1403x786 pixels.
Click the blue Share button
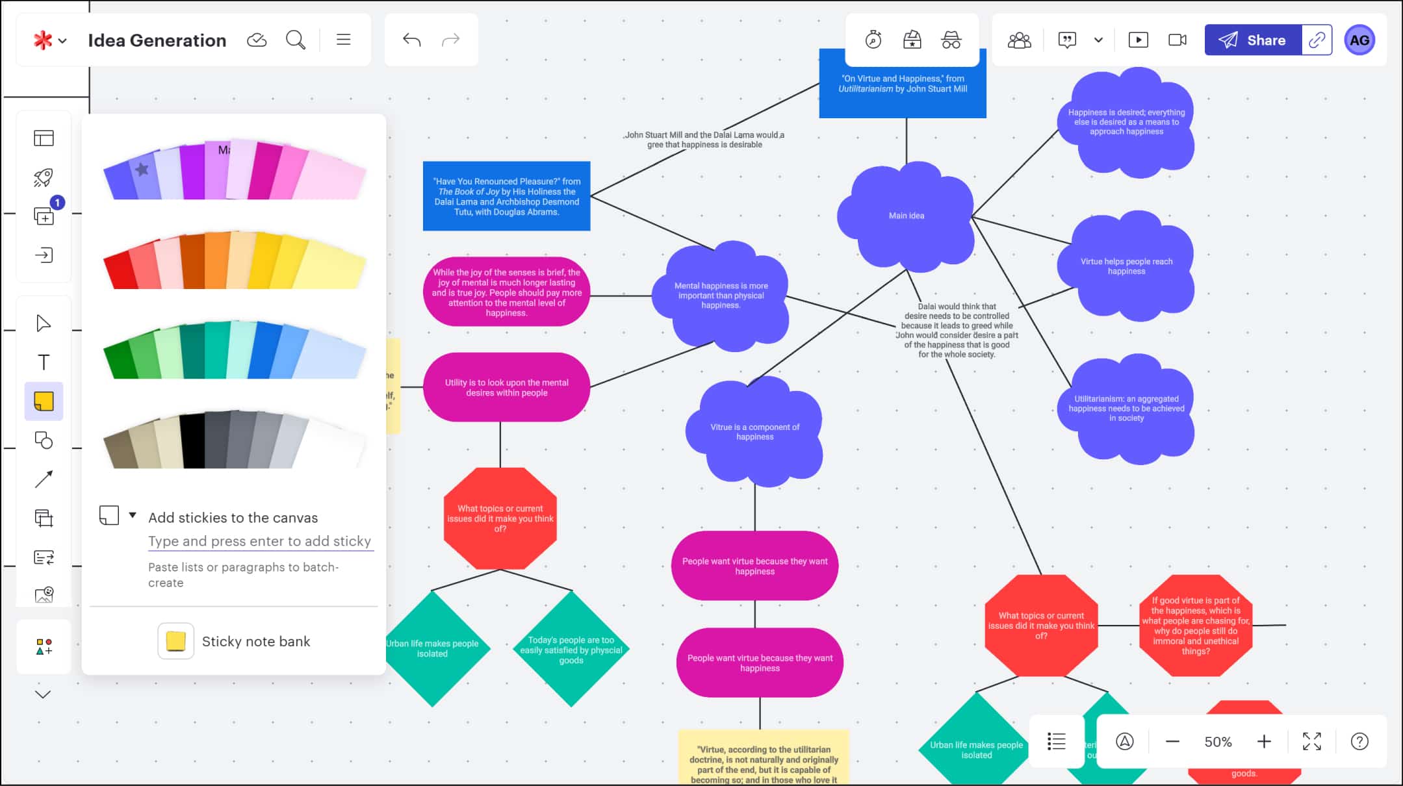(x=1252, y=40)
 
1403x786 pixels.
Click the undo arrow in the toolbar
(x=411, y=40)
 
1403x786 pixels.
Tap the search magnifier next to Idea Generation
(x=296, y=40)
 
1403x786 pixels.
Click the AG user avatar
(x=1359, y=40)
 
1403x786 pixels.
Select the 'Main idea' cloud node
(x=906, y=216)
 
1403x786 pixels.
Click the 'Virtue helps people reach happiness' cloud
(x=1126, y=266)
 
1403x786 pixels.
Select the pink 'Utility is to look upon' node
(x=506, y=387)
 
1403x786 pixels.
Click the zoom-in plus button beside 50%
(x=1264, y=742)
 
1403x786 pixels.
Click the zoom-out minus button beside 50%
(x=1172, y=742)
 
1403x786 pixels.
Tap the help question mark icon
(x=1359, y=742)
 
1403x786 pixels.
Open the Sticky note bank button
(x=235, y=641)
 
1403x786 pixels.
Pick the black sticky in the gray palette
(x=193, y=441)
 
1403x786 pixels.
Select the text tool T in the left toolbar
(x=44, y=362)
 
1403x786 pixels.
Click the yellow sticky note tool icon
(x=44, y=401)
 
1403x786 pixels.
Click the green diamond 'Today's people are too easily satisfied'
(x=571, y=650)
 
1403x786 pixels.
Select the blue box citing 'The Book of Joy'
(x=506, y=196)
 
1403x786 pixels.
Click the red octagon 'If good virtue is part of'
(x=1195, y=626)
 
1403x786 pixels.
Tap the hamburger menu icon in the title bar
(x=343, y=40)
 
